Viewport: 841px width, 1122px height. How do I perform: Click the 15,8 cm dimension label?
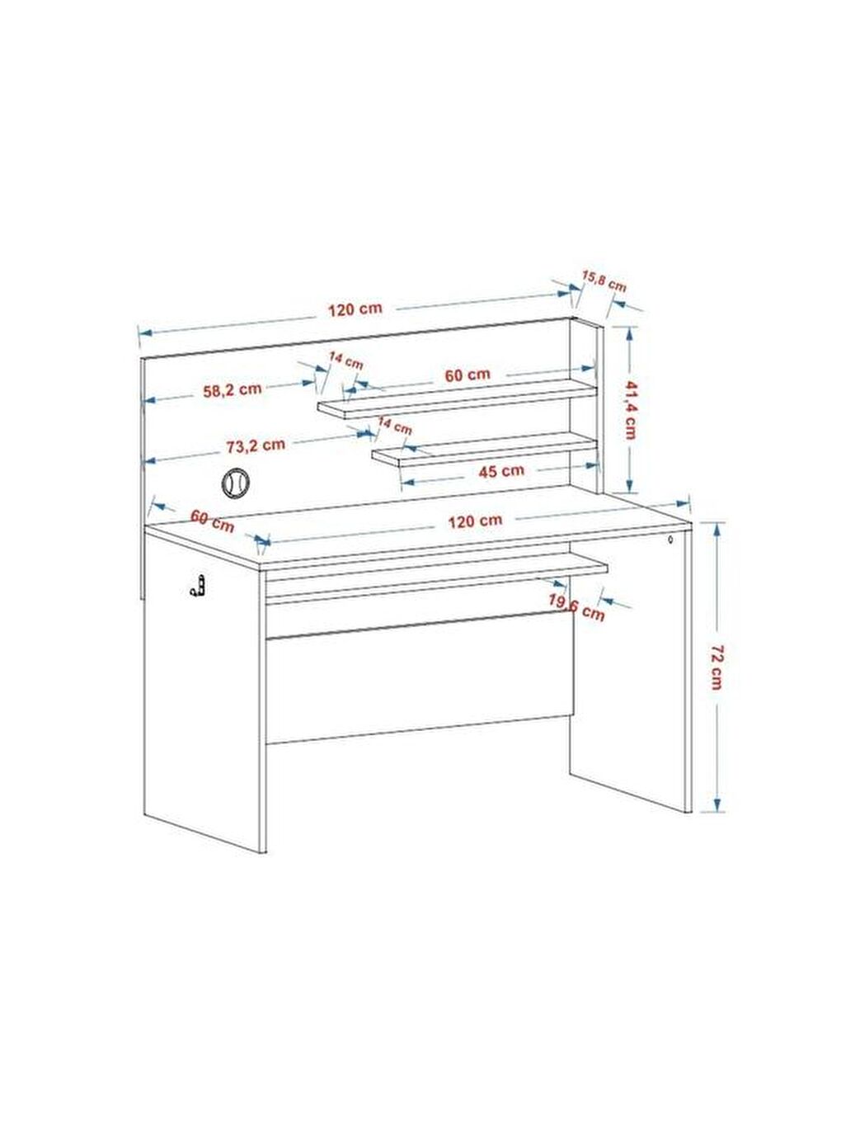(x=604, y=280)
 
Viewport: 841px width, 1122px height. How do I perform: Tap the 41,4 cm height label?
(x=630, y=409)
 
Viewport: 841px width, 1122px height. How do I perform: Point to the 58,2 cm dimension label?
(x=233, y=390)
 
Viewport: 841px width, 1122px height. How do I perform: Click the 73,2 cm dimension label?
(x=256, y=445)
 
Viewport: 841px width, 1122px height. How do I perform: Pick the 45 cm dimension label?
(x=501, y=471)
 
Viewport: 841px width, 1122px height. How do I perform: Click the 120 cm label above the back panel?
(x=355, y=309)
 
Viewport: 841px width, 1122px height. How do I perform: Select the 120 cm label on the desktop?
(x=476, y=521)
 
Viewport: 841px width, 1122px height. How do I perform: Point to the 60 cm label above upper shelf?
(x=467, y=375)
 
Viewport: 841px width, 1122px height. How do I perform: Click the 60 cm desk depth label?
(x=213, y=521)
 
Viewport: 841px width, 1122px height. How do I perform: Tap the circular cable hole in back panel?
(x=235, y=482)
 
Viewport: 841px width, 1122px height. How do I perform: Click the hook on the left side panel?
(x=198, y=587)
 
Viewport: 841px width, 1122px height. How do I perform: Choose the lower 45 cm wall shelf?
(x=485, y=449)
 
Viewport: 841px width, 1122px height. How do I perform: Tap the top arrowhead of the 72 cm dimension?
(x=717, y=528)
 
